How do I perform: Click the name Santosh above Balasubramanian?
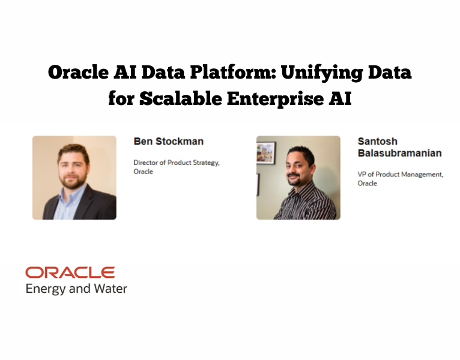[x=378, y=142]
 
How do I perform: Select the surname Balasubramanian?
[x=399, y=153]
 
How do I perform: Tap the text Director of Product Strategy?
[x=177, y=163]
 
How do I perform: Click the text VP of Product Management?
[x=401, y=175]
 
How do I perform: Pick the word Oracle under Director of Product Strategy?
[x=143, y=172]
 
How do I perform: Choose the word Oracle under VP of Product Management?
[x=368, y=183]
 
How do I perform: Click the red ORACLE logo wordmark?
[x=70, y=273]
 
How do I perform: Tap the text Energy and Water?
[x=76, y=289]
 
